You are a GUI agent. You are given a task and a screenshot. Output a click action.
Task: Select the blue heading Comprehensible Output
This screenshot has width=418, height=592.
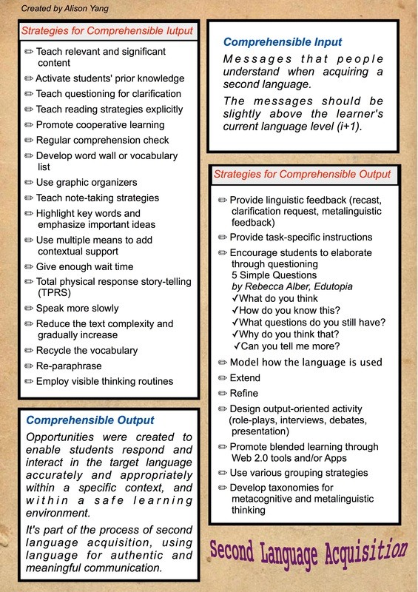pyautogui.click(x=90, y=421)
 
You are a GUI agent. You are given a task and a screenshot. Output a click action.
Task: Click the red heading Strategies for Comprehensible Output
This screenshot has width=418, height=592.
pyautogui.click(x=302, y=175)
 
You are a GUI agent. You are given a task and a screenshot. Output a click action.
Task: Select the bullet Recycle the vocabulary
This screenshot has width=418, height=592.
pyautogui.click(x=87, y=350)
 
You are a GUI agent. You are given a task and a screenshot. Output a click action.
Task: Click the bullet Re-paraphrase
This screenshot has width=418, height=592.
pyautogui.click(x=69, y=366)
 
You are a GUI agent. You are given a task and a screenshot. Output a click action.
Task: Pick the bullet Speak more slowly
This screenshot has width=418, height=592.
pyautogui.click(x=77, y=308)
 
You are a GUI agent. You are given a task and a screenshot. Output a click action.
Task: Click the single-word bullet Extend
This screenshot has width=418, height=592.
pyautogui.click(x=245, y=377)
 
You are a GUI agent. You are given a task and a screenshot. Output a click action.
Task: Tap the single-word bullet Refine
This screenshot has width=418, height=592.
pyautogui.click(x=244, y=393)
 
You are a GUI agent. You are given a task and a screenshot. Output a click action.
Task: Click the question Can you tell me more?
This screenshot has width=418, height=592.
pyautogui.click(x=291, y=346)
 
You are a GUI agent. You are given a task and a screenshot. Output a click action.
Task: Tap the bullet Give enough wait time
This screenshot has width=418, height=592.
pyautogui.click(x=84, y=266)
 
